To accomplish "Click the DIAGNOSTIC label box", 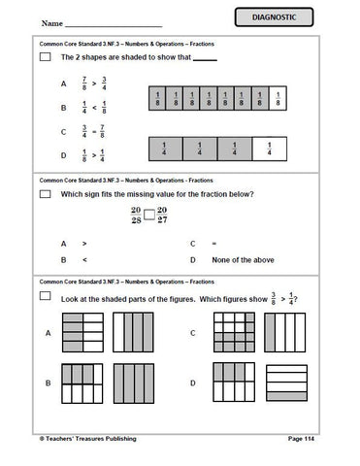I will tap(290, 18).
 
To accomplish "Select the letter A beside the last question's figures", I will tap(46, 332).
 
